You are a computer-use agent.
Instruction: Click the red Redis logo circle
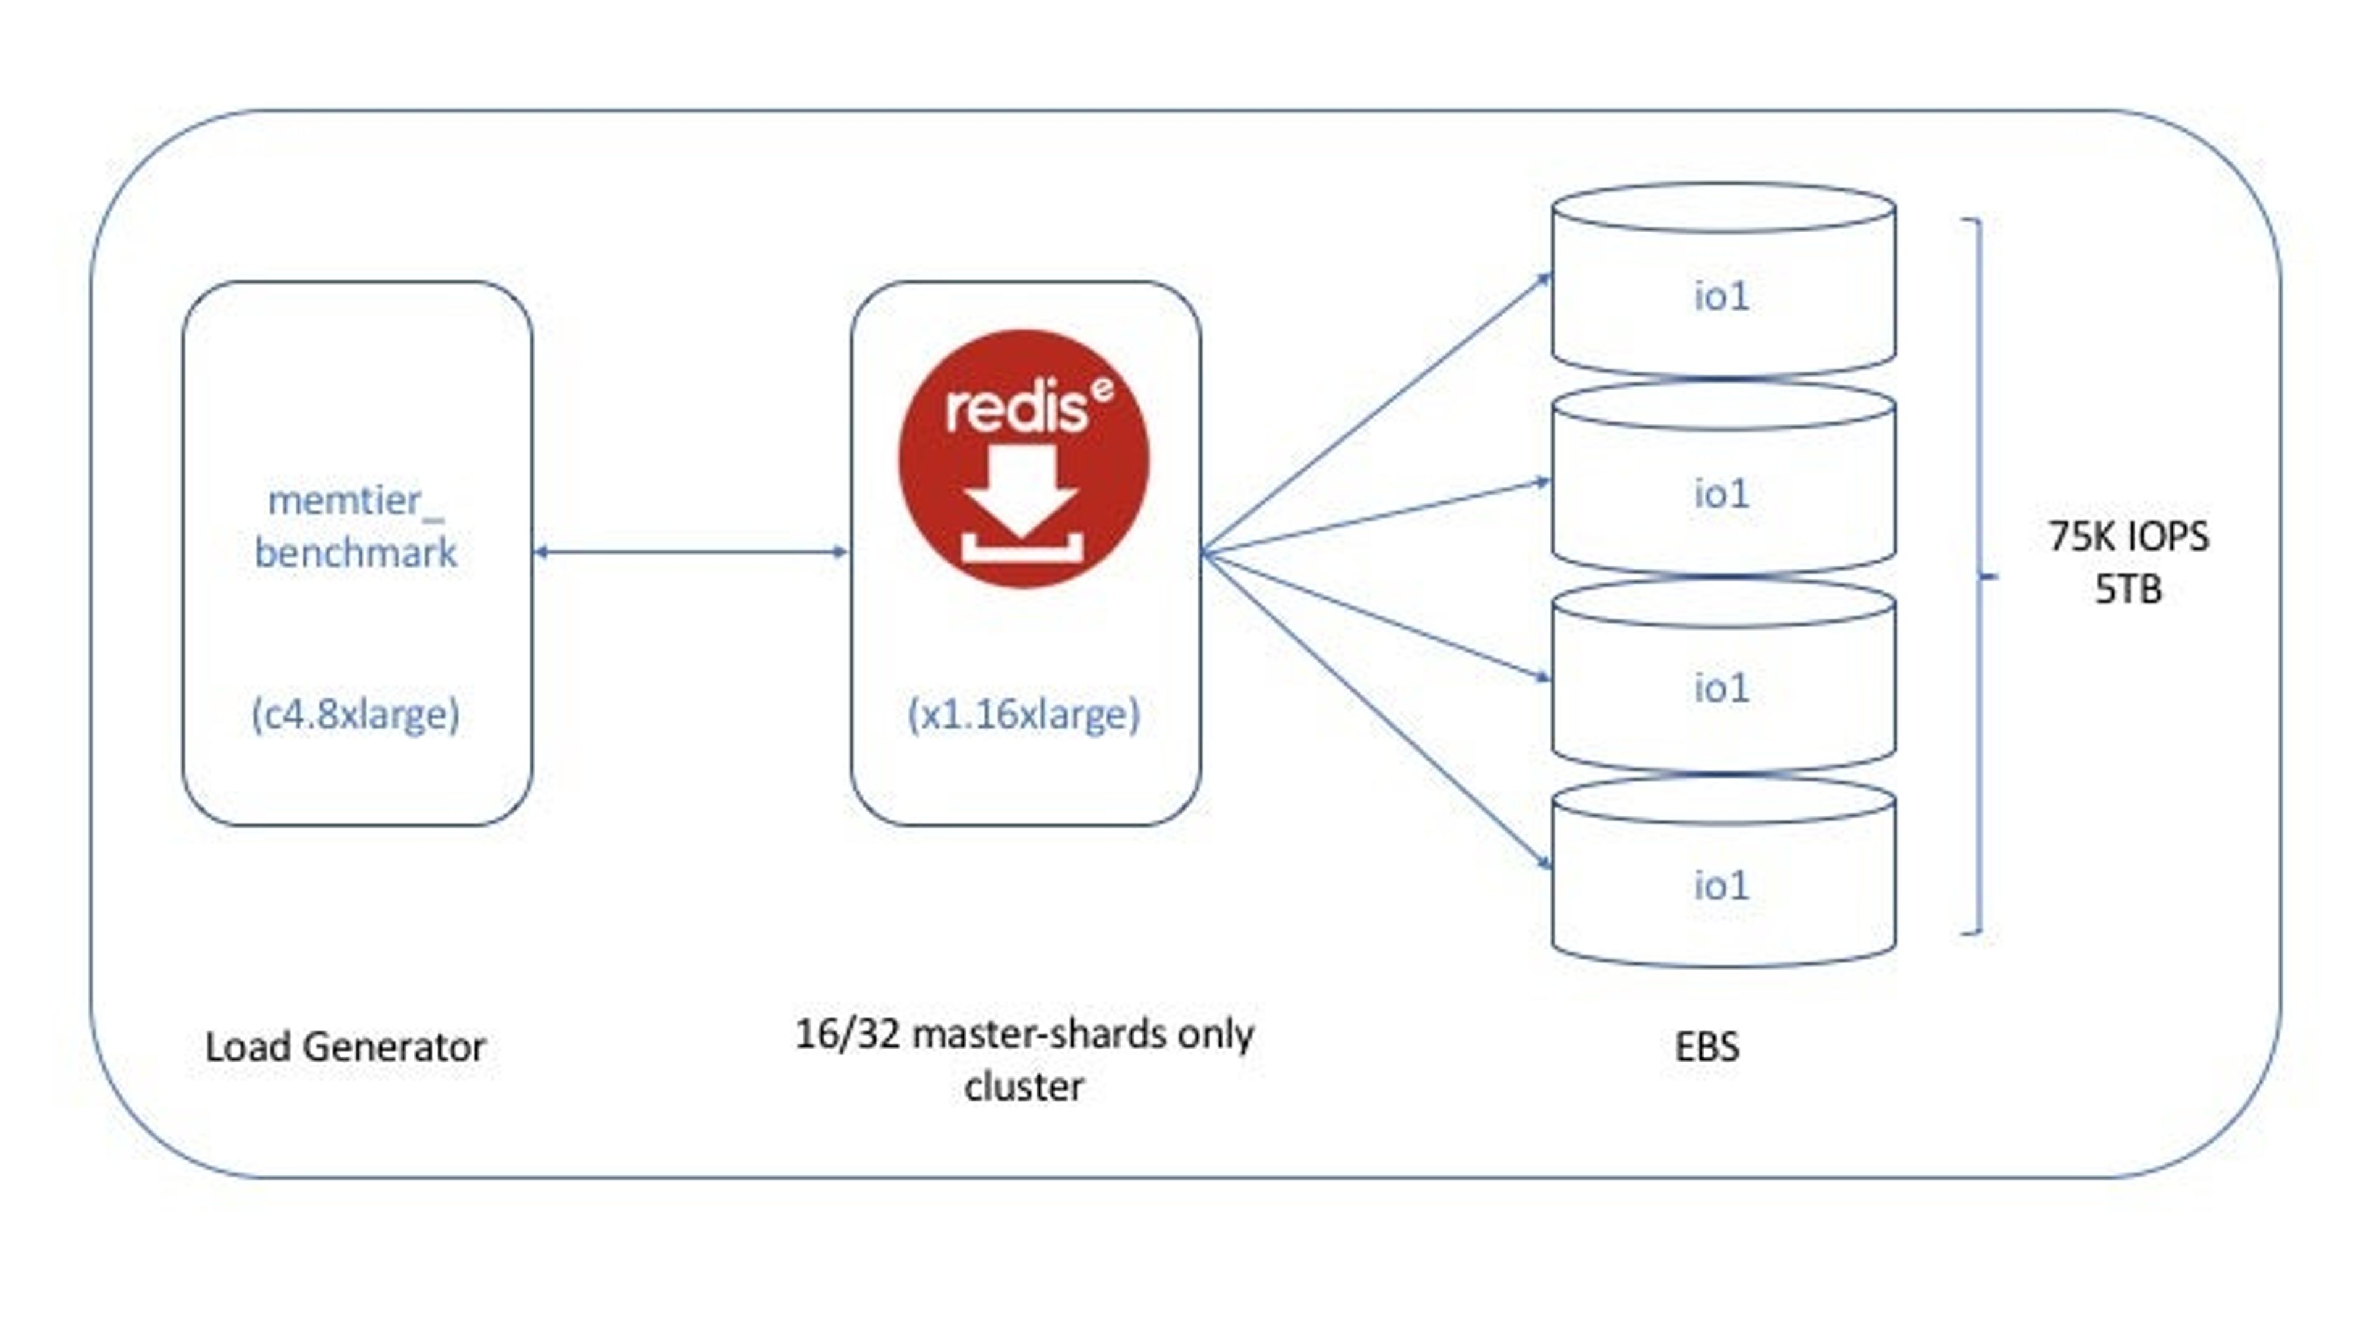pyautogui.click(x=1024, y=458)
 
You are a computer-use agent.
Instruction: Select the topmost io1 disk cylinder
pyautogui.click(x=1723, y=279)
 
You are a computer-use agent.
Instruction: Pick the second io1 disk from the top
pyautogui.click(x=1723, y=478)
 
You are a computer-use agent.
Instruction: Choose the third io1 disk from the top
pyautogui.click(x=1723, y=675)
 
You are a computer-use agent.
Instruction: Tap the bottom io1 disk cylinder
pyautogui.click(x=1723, y=872)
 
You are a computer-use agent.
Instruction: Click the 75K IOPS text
pyautogui.click(x=2128, y=536)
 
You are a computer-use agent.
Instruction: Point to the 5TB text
pyautogui.click(x=2128, y=589)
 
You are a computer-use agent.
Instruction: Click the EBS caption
pyautogui.click(x=1707, y=1047)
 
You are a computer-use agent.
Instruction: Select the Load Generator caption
pyautogui.click(x=345, y=1047)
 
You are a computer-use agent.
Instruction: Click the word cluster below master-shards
pyautogui.click(x=1024, y=1086)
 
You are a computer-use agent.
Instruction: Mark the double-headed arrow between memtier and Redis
pyautogui.click(x=690, y=552)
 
